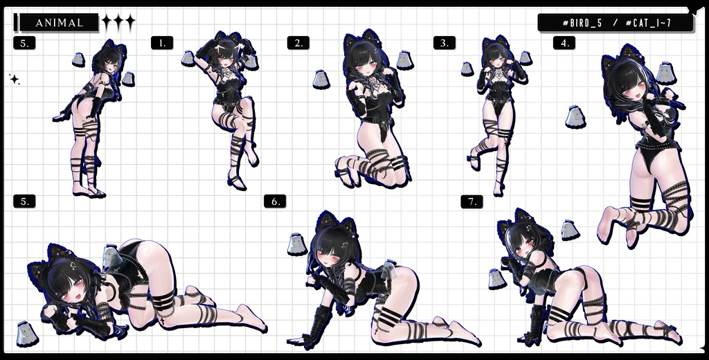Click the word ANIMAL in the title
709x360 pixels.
tap(59, 23)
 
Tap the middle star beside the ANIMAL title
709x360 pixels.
tap(118, 23)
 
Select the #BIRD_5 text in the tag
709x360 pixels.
tap(582, 23)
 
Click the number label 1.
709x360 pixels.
tap(161, 43)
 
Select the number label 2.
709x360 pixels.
tap(298, 43)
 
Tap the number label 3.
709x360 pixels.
tap(444, 43)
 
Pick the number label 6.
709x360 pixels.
tap(275, 201)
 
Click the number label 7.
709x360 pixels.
tap(472, 201)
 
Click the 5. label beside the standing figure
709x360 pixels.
tap(24, 43)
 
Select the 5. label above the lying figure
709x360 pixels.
tap(24, 201)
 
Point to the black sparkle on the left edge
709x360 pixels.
tap(14, 80)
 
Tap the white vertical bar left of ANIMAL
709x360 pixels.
tap(15, 23)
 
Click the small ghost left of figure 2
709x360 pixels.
tap(320, 79)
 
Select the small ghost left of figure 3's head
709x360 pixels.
tap(467, 69)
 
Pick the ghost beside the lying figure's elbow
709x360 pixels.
tap(26, 332)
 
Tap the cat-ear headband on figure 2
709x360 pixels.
tap(361, 39)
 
